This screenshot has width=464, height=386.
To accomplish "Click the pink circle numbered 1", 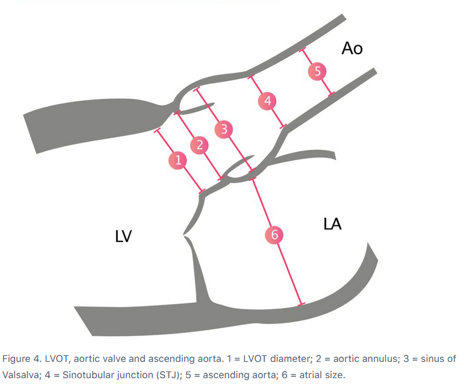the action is tap(178, 160).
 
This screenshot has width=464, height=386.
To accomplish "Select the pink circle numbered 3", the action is tap(224, 129).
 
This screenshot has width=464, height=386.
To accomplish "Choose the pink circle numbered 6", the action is tap(274, 235).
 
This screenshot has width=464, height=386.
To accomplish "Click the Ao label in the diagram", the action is tap(351, 48).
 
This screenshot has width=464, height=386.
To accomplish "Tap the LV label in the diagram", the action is tap(123, 237).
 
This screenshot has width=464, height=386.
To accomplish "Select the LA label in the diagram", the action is tap(332, 224).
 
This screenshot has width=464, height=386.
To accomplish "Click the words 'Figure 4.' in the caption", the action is tap(21, 359).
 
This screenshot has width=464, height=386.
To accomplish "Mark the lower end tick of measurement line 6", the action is tap(302, 304).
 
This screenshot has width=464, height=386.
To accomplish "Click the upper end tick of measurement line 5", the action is tap(303, 48).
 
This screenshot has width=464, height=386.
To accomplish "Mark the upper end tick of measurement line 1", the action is tap(157, 129).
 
